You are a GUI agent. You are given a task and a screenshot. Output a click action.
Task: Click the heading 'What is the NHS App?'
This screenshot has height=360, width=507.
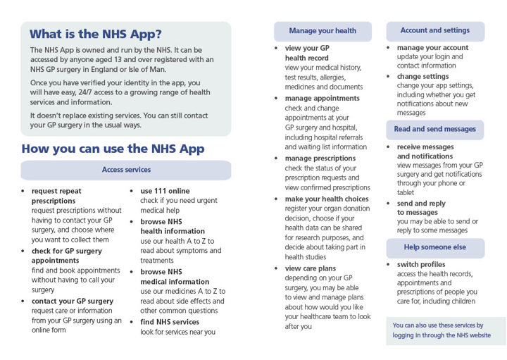click(96, 34)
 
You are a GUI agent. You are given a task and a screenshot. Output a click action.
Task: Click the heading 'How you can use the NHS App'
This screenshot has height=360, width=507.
click(113, 148)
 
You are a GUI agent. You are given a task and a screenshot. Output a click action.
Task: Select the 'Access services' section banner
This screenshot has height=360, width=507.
click(126, 170)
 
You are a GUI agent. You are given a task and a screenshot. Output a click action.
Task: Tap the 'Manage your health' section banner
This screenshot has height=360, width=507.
click(323, 31)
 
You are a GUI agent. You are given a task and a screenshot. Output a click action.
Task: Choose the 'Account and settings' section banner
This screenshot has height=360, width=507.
click(434, 31)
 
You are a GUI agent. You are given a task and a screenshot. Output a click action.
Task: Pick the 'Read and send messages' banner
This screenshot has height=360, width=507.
click(434, 129)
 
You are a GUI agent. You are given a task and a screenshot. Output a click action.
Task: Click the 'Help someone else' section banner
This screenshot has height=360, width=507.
click(434, 247)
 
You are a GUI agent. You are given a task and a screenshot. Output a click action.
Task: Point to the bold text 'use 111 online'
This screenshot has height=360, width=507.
click(165, 191)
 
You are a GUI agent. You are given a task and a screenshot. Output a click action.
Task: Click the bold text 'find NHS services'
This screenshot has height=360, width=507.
click(170, 322)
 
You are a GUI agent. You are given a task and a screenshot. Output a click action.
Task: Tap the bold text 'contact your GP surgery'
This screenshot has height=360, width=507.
click(72, 301)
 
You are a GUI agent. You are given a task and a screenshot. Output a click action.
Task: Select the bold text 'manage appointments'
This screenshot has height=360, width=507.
click(322, 98)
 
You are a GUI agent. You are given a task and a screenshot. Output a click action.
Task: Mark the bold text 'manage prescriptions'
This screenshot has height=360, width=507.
click(320, 159)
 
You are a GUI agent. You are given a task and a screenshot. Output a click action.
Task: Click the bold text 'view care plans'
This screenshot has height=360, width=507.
click(311, 268)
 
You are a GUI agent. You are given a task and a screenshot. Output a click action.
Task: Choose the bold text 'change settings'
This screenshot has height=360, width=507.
click(423, 76)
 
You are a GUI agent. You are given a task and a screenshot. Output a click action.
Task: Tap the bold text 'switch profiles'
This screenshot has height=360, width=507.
click(421, 264)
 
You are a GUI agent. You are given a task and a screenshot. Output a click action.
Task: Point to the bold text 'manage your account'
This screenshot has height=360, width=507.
click(432, 48)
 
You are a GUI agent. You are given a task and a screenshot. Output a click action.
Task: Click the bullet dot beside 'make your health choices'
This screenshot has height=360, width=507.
click(277, 199)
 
